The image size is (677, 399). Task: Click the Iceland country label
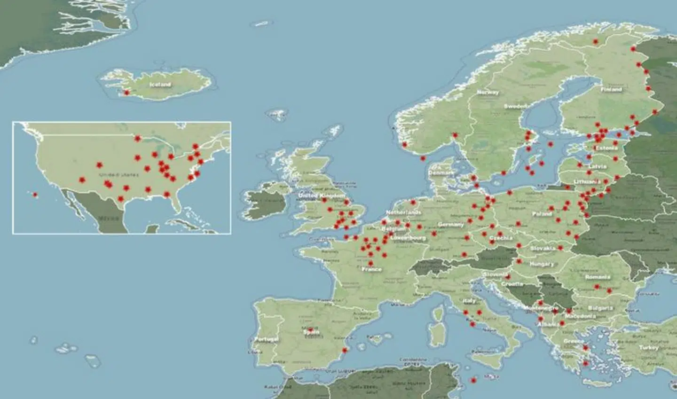pos(160,85)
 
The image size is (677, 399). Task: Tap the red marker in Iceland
pos(126,93)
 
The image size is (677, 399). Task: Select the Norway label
pos(488,93)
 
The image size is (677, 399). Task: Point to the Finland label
pos(611,89)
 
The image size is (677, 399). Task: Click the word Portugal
pos(266,339)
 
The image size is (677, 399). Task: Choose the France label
pos(371,270)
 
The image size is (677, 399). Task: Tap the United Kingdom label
pos(322,196)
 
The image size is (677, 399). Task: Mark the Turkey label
pos(649,348)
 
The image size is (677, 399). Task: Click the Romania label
pos(598,277)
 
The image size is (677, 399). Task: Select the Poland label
pos(542,214)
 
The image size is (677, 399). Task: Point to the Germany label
pos(450,225)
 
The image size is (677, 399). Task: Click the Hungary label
pos(542,265)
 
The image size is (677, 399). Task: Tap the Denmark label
pos(441,173)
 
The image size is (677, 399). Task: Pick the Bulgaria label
pos(600,308)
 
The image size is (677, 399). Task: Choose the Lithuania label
pos(587,181)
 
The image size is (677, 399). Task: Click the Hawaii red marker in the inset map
pos(35,194)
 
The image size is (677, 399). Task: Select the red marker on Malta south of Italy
pos(473,380)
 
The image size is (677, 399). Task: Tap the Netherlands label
pos(403,212)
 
